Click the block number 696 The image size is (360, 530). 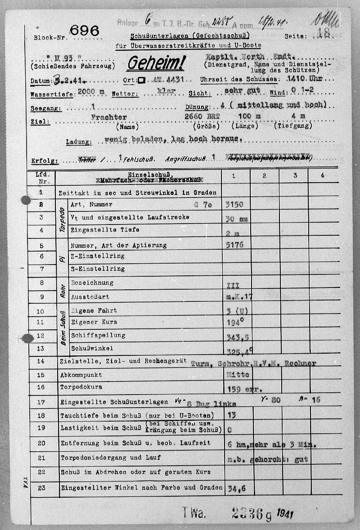(85, 31)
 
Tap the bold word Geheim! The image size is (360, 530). (155, 63)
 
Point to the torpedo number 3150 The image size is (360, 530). (234, 204)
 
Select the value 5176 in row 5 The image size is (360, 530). (234, 245)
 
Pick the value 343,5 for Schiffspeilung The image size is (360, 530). (237, 337)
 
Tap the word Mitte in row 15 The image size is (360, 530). (236, 374)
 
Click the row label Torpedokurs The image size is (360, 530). (81, 386)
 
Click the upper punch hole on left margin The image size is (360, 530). (26, 200)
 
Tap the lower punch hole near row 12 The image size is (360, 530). (27, 338)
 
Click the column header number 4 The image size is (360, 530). (322, 176)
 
